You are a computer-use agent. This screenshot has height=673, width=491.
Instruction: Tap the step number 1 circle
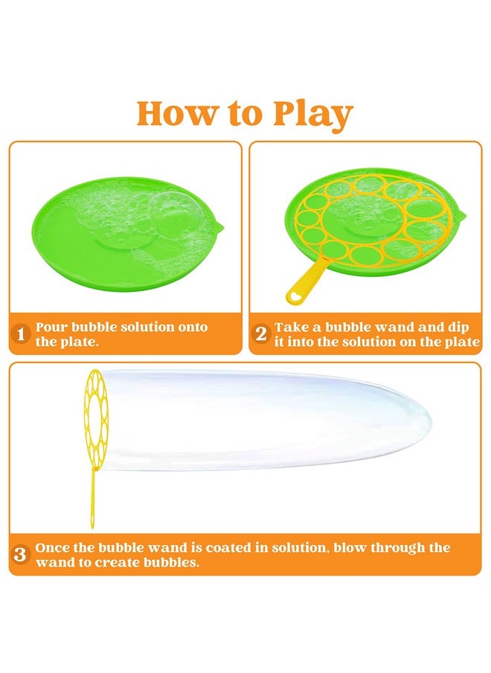pos(22,335)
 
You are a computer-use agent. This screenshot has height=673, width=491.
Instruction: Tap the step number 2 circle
pos(260,335)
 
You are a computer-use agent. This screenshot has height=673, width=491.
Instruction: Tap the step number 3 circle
pos(22,555)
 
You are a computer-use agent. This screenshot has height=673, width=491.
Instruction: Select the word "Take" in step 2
pos(291,327)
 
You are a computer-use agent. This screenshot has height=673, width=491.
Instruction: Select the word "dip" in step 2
pos(466,327)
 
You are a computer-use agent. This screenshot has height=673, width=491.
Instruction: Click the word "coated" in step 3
pos(213,547)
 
